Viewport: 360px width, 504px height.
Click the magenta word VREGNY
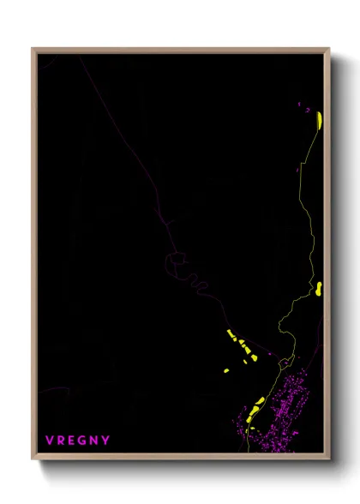pyautogui.click(x=77, y=441)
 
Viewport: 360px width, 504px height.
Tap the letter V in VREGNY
pyautogui.click(x=50, y=441)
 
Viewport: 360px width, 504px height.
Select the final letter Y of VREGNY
pyautogui.click(x=106, y=441)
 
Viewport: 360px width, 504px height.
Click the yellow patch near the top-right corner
pyautogui.click(x=318, y=119)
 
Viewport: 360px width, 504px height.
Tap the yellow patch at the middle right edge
pyautogui.click(x=318, y=288)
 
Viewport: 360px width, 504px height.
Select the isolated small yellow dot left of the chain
pyautogui.click(x=225, y=370)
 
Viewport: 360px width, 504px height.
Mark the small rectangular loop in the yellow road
pyautogui.click(x=290, y=361)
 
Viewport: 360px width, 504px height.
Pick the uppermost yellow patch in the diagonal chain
pyautogui.click(x=231, y=334)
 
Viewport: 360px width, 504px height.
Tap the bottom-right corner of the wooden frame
pyautogui.click(x=328, y=460)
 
